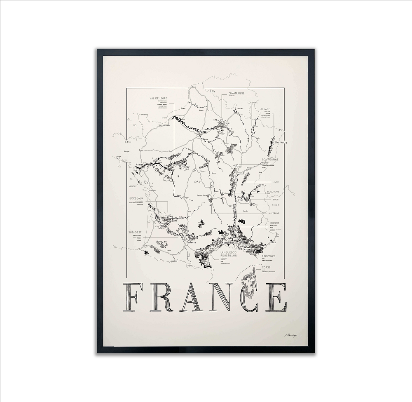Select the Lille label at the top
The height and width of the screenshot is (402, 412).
click(x=213, y=91)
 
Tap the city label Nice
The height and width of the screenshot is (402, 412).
click(x=273, y=242)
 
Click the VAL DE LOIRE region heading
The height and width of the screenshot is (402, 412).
click(x=159, y=98)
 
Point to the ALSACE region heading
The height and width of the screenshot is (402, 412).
click(x=265, y=109)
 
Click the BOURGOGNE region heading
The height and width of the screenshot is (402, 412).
click(x=270, y=159)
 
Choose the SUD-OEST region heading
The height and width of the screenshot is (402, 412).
click(x=135, y=232)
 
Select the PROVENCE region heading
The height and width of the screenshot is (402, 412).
click(x=268, y=256)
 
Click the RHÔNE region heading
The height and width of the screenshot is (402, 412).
click(x=275, y=223)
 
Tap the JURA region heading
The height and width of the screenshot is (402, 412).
click(x=276, y=181)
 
